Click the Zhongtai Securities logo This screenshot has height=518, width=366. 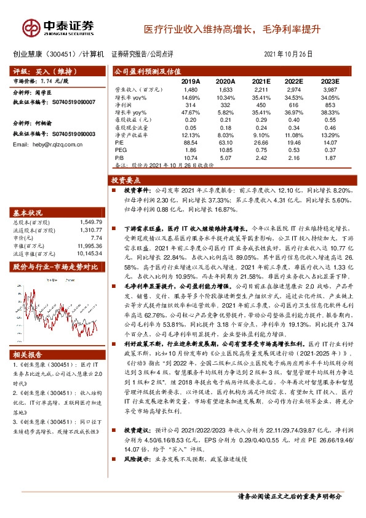tap(58, 27)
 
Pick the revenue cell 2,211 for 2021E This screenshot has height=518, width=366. tap(261, 90)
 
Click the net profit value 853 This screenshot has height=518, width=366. tap(330, 105)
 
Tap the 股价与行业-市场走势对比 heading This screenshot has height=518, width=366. tap(56, 266)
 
